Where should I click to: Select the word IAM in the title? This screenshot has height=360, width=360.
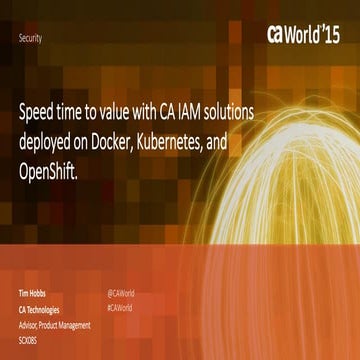[x=217, y=111]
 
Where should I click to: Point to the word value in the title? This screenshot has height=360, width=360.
[x=142, y=111]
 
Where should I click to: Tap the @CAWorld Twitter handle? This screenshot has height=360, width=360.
[x=121, y=294]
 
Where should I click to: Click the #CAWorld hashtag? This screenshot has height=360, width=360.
[x=120, y=309]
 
